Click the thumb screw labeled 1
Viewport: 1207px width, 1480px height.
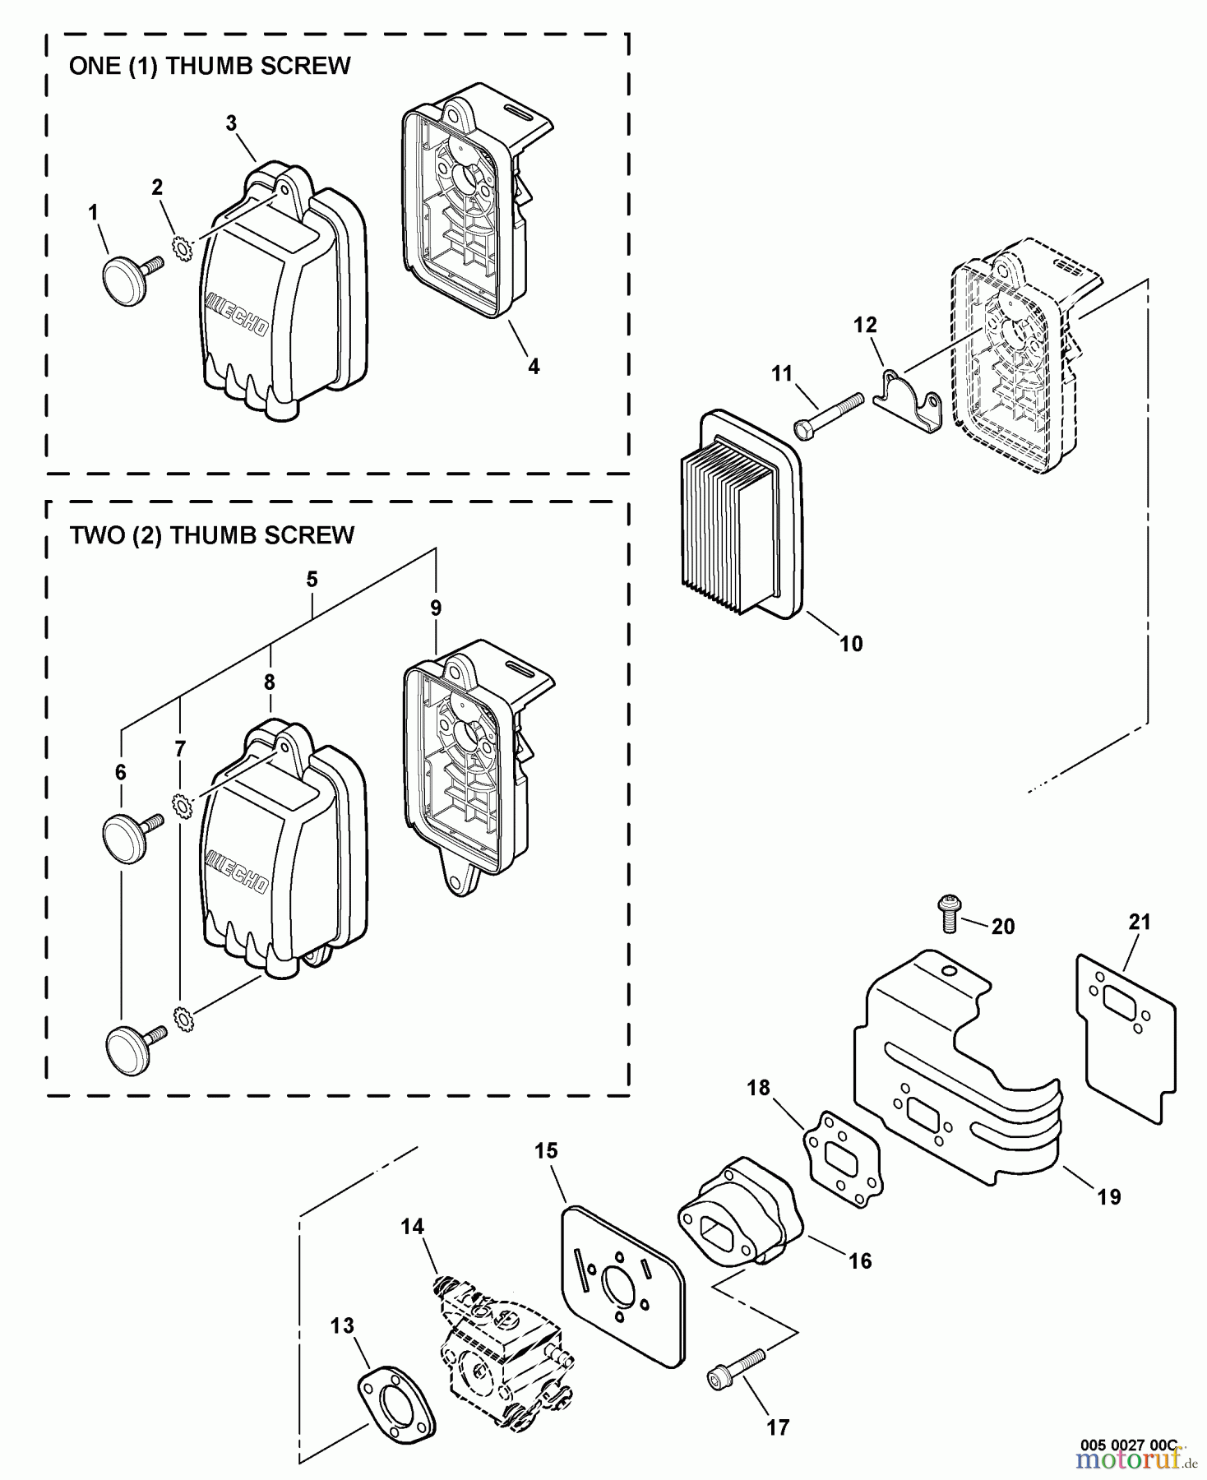pos(127,280)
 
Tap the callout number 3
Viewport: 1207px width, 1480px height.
pos(231,123)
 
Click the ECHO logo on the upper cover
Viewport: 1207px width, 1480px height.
pos(237,314)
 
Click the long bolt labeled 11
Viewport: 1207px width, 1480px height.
pos(827,415)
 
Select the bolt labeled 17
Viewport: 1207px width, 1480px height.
pos(737,1371)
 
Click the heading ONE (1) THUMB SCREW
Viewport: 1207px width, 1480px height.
pos(210,66)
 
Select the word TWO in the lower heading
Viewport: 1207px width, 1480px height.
pos(96,535)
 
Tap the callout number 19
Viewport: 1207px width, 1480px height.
pos(1108,1196)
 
